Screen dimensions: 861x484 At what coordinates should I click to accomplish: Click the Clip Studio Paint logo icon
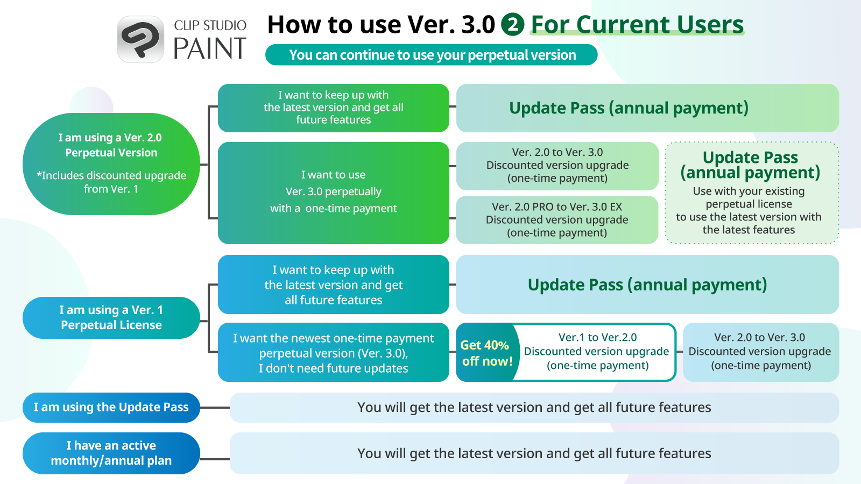(140, 39)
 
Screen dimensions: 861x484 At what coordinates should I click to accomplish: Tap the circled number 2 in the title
(512, 25)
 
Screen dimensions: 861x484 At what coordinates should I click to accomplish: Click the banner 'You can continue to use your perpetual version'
(431, 55)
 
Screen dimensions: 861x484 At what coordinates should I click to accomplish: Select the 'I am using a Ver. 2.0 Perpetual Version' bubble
(111, 164)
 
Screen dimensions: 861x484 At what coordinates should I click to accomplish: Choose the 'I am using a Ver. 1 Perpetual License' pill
(111, 318)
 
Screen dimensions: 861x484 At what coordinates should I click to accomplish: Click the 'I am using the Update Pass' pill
(111, 408)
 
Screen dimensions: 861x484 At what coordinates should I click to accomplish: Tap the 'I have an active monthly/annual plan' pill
(111, 453)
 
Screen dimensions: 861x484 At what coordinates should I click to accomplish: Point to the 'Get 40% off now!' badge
(486, 353)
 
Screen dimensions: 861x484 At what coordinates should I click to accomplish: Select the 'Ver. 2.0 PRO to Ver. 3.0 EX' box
(557, 220)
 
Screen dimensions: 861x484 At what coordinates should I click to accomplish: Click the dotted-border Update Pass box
(752, 193)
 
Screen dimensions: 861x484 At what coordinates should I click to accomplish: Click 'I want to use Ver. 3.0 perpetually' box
(334, 193)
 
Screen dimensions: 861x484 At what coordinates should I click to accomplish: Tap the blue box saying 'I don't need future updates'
(334, 352)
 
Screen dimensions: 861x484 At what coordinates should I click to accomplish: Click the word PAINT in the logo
(210, 49)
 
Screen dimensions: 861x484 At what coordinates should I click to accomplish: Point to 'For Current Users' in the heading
(637, 25)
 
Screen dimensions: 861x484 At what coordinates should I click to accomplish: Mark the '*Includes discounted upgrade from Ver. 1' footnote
(111, 182)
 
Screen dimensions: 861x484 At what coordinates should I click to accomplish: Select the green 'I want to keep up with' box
(334, 108)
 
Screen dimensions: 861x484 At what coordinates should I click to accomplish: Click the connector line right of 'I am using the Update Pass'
(215, 408)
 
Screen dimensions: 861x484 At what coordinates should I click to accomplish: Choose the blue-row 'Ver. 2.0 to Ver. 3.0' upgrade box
(761, 352)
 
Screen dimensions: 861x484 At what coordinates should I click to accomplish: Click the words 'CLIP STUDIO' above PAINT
(210, 25)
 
